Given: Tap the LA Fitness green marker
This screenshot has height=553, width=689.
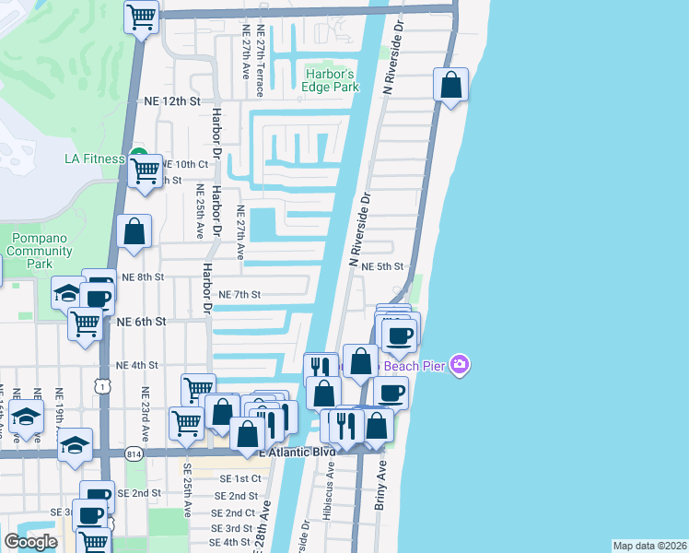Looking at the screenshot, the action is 139,155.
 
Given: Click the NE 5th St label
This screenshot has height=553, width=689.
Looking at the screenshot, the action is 383,266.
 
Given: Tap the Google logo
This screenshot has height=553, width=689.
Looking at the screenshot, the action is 30,542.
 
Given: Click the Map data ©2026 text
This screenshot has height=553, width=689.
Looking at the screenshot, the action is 649,546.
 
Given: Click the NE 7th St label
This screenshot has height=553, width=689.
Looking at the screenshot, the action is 242,295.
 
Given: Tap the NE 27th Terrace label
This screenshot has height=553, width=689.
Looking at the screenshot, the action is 261,68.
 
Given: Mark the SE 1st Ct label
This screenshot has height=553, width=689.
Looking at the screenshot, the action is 240,479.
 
